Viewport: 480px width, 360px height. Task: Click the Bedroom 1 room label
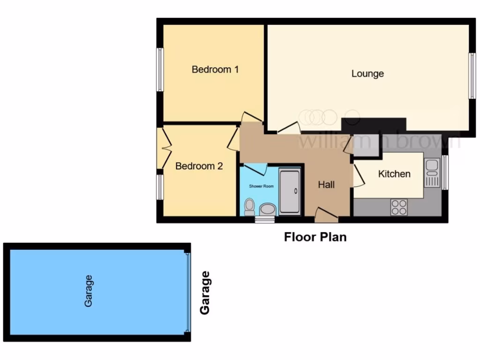point(215,70)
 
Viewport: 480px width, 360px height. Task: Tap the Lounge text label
point(367,74)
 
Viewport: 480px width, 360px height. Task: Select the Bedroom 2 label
point(199,166)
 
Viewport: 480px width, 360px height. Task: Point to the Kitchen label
point(394,174)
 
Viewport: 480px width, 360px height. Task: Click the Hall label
point(326,185)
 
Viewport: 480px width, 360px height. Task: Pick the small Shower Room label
point(261,186)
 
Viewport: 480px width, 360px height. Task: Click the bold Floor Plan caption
point(315,237)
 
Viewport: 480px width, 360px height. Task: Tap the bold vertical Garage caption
point(205,293)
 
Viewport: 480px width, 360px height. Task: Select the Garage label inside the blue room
point(88,291)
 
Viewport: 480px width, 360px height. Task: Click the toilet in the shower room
point(249,206)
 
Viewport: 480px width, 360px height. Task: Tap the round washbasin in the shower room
point(268,209)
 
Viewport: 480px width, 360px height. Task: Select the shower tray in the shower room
point(290,192)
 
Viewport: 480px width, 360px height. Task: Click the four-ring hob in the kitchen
point(399,207)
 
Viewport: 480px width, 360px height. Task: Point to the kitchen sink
point(432,172)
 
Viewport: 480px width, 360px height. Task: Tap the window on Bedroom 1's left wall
point(160,69)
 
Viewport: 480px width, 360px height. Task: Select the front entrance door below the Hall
point(326,216)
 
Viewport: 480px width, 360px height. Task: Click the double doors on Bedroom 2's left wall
point(165,148)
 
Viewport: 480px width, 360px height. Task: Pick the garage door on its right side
point(188,292)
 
